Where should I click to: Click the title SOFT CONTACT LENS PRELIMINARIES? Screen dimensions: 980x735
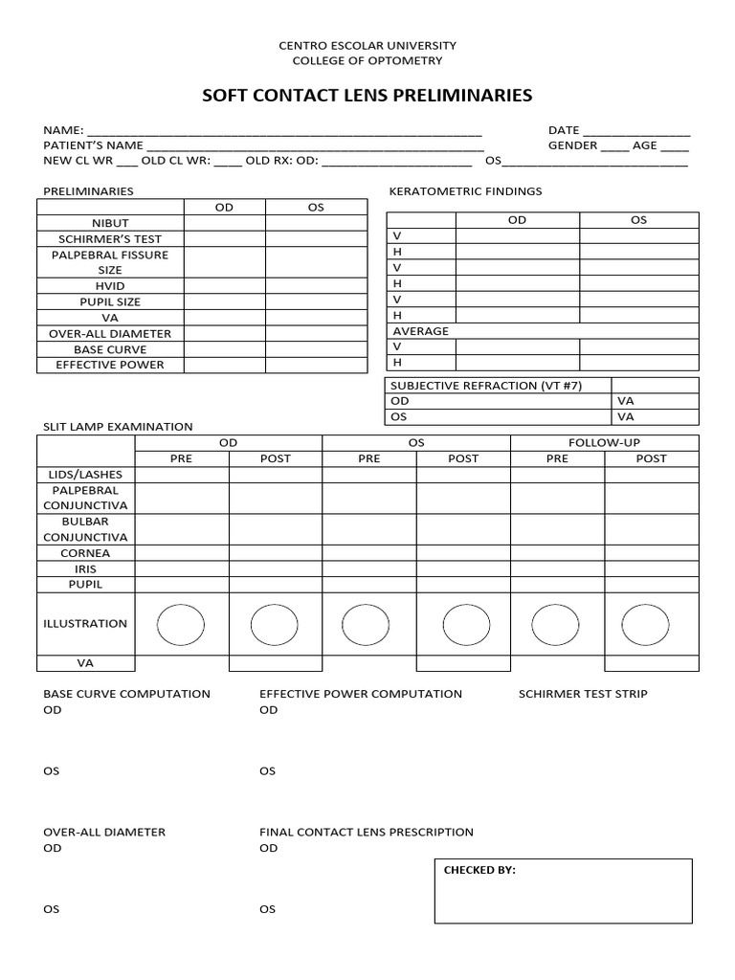coord(367,96)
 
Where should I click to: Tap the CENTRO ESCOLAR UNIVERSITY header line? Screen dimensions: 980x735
coord(367,45)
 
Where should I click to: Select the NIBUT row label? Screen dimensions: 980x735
coord(110,223)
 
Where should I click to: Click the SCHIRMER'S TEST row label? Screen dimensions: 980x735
coord(110,238)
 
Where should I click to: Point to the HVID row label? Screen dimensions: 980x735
coord(110,286)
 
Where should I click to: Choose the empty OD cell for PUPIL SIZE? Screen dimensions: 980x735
coord(224,301)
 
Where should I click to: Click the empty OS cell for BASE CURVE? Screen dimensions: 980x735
coord(316,349)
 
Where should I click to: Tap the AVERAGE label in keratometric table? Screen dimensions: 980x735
coord(421,331)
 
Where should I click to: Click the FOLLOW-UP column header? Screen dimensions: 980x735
coord(604,443)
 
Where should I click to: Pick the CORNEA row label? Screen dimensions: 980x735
coord(86,553)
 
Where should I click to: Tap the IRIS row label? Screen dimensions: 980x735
coord(86,568)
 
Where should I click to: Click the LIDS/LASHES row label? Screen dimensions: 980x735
coord(86,474)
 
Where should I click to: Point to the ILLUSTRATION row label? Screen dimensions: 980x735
coord(85,623)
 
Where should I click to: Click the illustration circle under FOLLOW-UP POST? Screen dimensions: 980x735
coord(645,625)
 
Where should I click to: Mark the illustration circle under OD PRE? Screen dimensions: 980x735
coord(180,625)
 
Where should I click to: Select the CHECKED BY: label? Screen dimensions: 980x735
coord(479,870)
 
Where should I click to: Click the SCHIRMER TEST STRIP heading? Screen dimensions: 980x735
coord(583,694)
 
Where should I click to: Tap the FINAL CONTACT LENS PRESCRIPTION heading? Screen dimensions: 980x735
coord(367,833)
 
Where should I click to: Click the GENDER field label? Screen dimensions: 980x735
coord(572,145)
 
